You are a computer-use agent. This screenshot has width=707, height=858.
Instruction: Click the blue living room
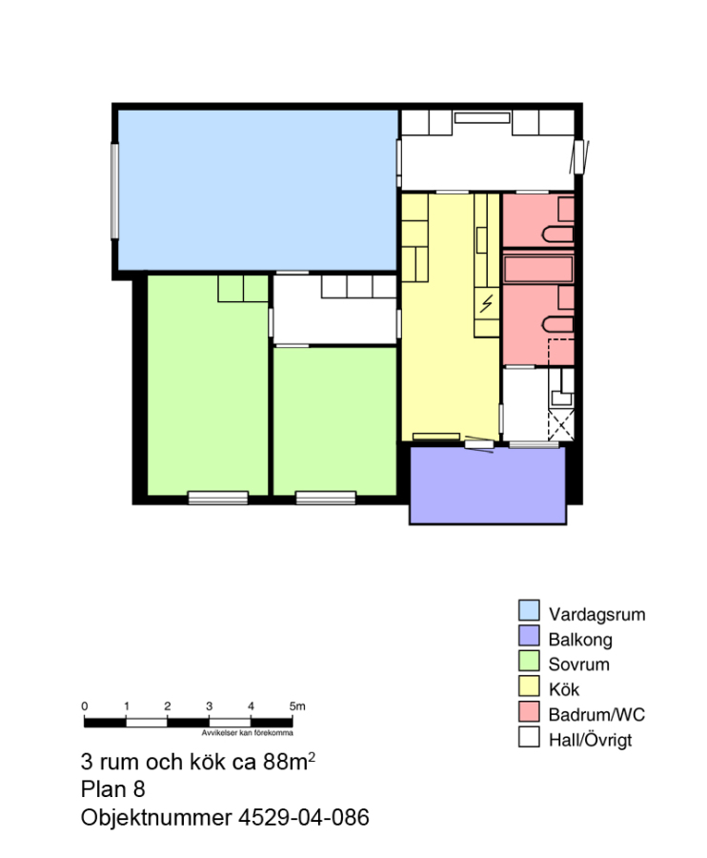click(257, 190)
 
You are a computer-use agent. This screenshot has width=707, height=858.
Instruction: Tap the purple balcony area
click(488, 485)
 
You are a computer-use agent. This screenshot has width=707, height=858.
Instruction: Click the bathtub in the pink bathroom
click(538, 269)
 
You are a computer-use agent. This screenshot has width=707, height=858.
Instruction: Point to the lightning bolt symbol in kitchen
click(486, 304)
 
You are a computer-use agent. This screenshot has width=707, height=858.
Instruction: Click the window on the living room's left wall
click(115, 191)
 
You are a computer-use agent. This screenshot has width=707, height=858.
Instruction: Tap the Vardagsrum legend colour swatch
click(529, 610)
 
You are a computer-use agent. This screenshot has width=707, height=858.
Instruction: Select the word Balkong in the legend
click(580, 639)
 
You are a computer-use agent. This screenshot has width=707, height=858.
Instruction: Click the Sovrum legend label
click(578, 664)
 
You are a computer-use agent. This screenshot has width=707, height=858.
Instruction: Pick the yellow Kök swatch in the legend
click(529, 685)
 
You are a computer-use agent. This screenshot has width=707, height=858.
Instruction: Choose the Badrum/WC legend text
click(596, 715)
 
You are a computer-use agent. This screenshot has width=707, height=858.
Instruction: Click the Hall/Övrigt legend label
click(591, 740)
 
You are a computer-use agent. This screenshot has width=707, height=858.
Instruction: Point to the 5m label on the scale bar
click(297, 705)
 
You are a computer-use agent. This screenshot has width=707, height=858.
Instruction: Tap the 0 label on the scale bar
click(84, 705)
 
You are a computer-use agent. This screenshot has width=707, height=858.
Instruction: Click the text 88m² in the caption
click(289, 761)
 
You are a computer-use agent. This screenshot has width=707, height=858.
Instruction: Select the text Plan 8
click(112, 789)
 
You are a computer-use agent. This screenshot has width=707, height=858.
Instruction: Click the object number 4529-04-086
click(303, 818)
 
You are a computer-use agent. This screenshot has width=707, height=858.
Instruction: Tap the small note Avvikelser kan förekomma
click(247, 733)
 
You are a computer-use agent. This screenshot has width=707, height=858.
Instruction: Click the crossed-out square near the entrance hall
click(561, 424)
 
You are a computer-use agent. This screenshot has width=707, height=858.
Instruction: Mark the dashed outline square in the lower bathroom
click(561, 352)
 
